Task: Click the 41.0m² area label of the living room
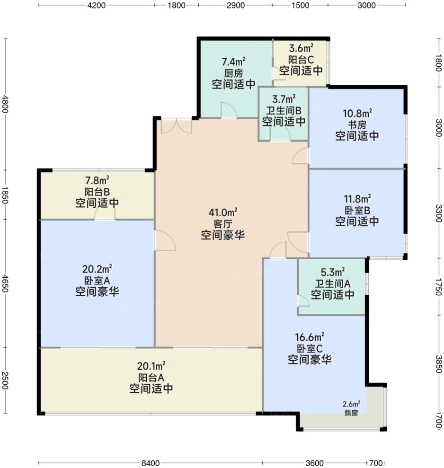click(222, 212)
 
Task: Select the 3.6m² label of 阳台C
click(301, 48)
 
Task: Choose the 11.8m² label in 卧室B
click(357, 198)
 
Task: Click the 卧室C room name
click(310, 348)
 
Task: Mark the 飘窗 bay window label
click(351, 412)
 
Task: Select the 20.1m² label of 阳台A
click(151, 366)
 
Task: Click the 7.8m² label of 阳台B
click(97, 180)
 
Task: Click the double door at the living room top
click(176, 125)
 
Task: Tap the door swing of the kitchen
click(228, 111)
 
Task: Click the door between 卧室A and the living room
click(165, 240)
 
